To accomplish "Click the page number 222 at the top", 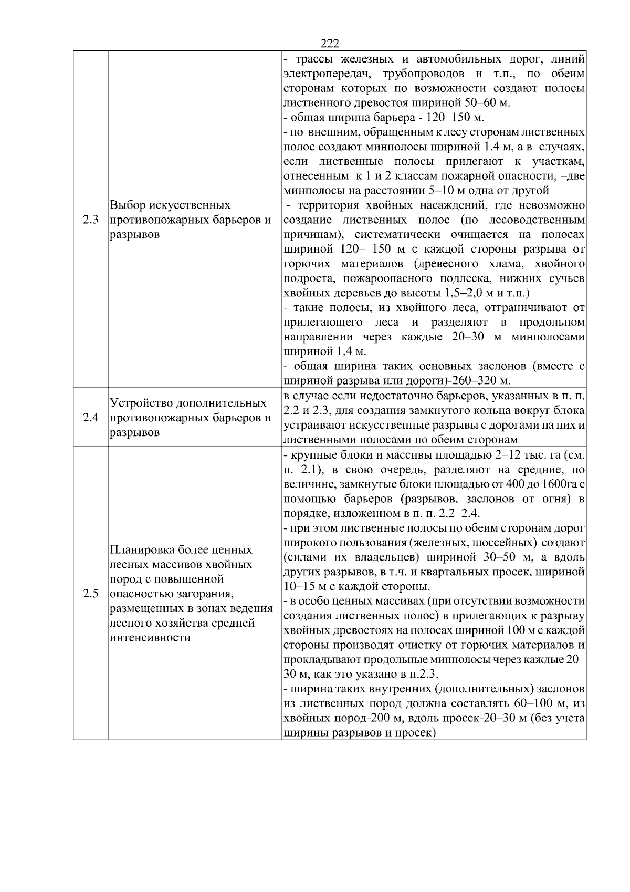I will pyautogui.click(x=329, y=44).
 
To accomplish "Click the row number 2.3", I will pyautogui.click(x=90, y=220).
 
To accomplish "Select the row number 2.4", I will pyautogui.click(x=90, y=418).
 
